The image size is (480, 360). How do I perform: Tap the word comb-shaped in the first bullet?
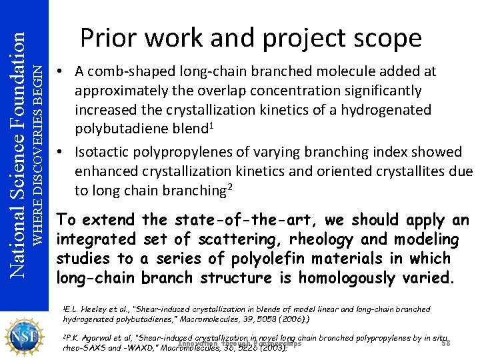click(x=127, y=71)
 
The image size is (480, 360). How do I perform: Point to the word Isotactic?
click(x=105, y=153)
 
